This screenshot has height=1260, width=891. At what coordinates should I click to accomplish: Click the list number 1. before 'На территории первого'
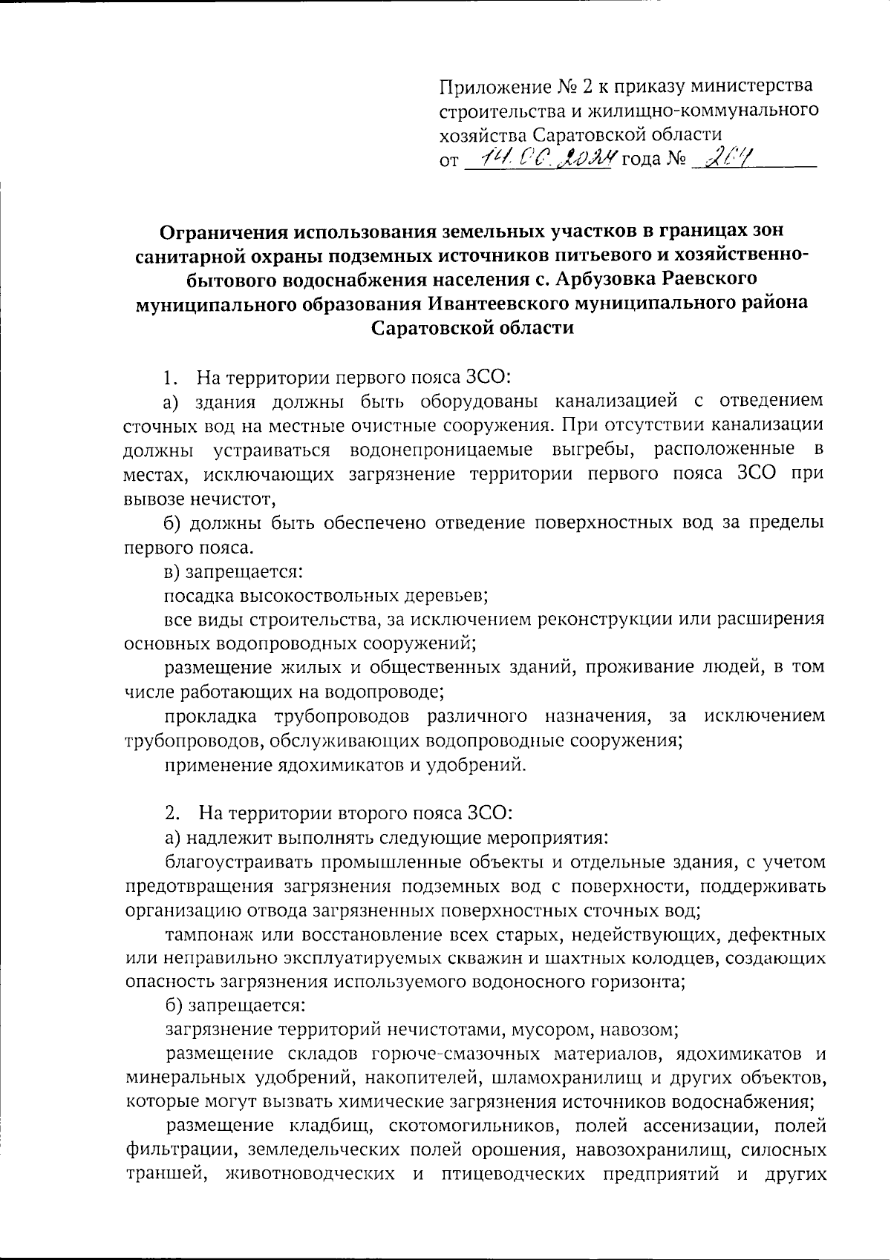pos(170,377)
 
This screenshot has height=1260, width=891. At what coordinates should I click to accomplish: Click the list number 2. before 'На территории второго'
pos(170,813)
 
